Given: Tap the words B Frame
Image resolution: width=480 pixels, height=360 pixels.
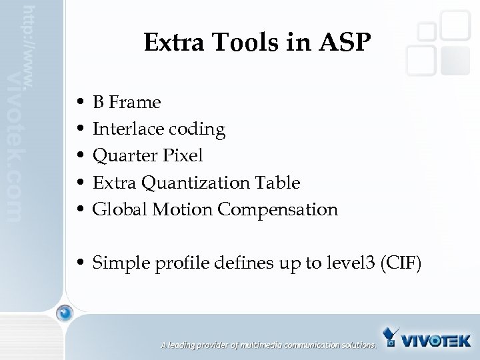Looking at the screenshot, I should pos(127,103).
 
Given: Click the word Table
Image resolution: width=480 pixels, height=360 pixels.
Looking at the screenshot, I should pos(280,183).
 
